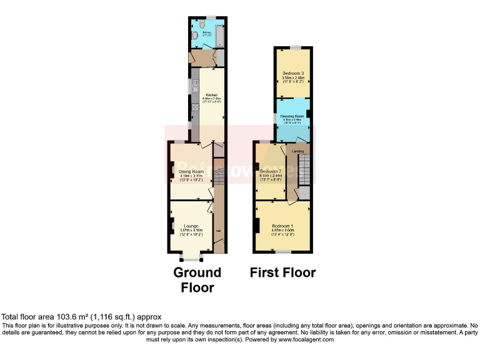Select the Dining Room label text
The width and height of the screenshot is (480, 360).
[x=191, y=171]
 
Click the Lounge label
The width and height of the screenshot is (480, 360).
[x=191, y=226]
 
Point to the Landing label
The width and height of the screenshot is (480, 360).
[x=299, y=151]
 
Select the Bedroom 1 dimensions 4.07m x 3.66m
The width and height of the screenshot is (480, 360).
[x=282, y=230]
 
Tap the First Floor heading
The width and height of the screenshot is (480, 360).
[x=282, y=272]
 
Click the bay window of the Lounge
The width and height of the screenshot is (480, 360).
[x=189, y=256]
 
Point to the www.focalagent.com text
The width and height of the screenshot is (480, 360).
[x=307, y=339]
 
